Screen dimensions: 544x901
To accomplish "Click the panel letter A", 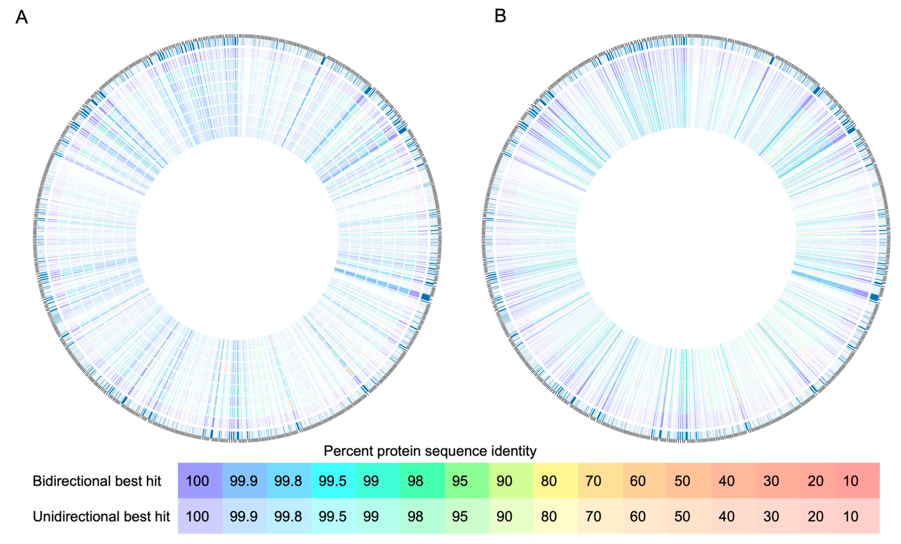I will (x=22, y=17).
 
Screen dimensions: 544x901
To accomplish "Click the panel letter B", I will (x=500, y=16).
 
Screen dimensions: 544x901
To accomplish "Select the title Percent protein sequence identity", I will (x=430, y=451).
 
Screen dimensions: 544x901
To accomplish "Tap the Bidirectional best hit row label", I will (x=97, y=481).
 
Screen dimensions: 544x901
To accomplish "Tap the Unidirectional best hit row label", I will (x=101, y=516).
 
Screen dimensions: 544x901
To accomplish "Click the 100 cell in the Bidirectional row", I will (x=198, y=481).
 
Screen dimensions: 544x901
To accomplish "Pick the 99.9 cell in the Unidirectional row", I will (x=244, y=516).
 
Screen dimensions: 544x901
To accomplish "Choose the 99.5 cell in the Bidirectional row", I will (x=332, y=481).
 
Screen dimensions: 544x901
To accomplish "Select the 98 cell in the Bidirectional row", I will (x=415, y=481).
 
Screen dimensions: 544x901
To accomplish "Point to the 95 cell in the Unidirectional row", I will (x=460, y=516).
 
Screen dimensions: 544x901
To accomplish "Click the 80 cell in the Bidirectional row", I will (x=549, y=481).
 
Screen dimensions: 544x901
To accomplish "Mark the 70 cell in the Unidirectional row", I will (x=593, y=516).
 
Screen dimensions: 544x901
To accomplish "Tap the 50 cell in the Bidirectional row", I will (x=682, y=481).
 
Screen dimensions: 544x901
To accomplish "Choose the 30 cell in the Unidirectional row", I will (x=771, y=516).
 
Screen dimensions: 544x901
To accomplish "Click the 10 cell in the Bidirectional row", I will (x=851, y=481).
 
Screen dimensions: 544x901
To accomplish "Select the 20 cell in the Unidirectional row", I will (x=815, y=516).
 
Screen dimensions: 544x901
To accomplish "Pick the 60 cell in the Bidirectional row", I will (x=637, y=481).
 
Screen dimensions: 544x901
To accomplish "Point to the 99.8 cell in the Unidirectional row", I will (x=288, y=516).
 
